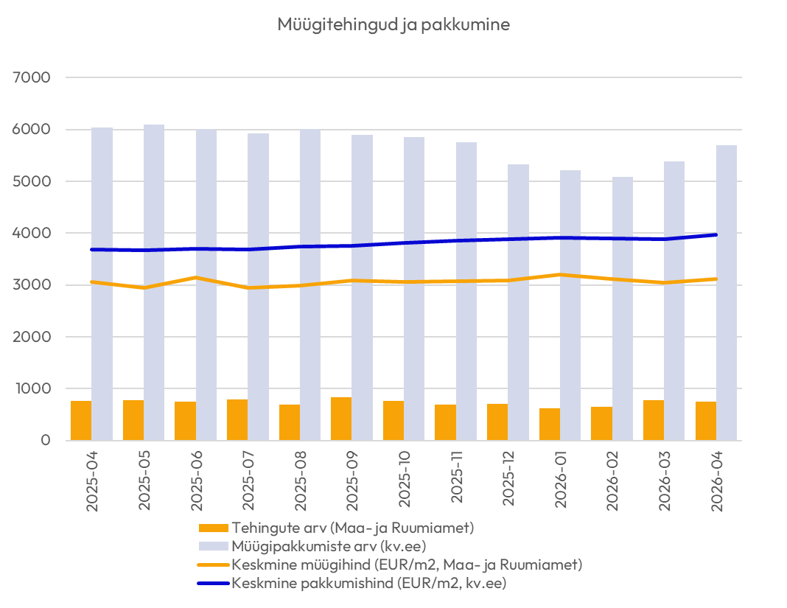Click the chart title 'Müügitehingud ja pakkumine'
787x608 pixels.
click(393, 24)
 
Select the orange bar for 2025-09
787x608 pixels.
click(341, 419)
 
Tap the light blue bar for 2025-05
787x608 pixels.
click(153, 283)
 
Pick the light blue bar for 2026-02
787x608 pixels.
click(623, 309)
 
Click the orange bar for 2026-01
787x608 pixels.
click(550, 424)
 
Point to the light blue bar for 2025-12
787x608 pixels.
click(518, 302)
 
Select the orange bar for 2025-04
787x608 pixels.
click(81, 421)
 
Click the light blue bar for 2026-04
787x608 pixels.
click(727, 293)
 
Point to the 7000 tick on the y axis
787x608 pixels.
click(32, 77)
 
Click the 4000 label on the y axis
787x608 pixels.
click(32, 233)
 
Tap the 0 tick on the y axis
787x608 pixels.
click(46, 440)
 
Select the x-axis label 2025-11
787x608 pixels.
click(456, 477)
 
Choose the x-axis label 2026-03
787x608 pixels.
click(665, 481)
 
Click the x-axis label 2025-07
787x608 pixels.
click(248, 481)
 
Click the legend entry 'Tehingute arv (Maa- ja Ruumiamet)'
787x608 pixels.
click(336, 528)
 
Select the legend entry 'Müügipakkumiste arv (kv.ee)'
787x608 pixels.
click(312, 546)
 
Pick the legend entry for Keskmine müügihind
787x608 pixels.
click(390, 565)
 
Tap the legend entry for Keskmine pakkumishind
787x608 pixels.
click(351, 584)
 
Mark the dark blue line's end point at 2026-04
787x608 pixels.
click(716, 234)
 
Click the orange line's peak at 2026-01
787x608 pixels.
click(560, 275)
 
